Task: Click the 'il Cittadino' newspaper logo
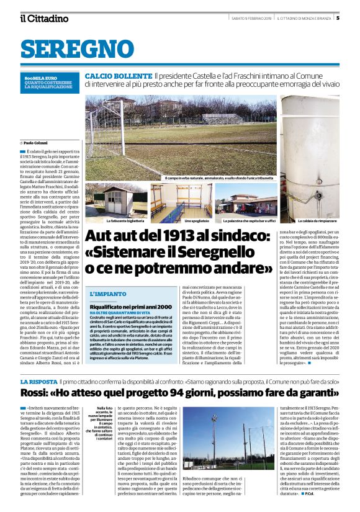pyautogui.click(x=44, y=18)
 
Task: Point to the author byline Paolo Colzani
pyautogui.click(x=38, y=143)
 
